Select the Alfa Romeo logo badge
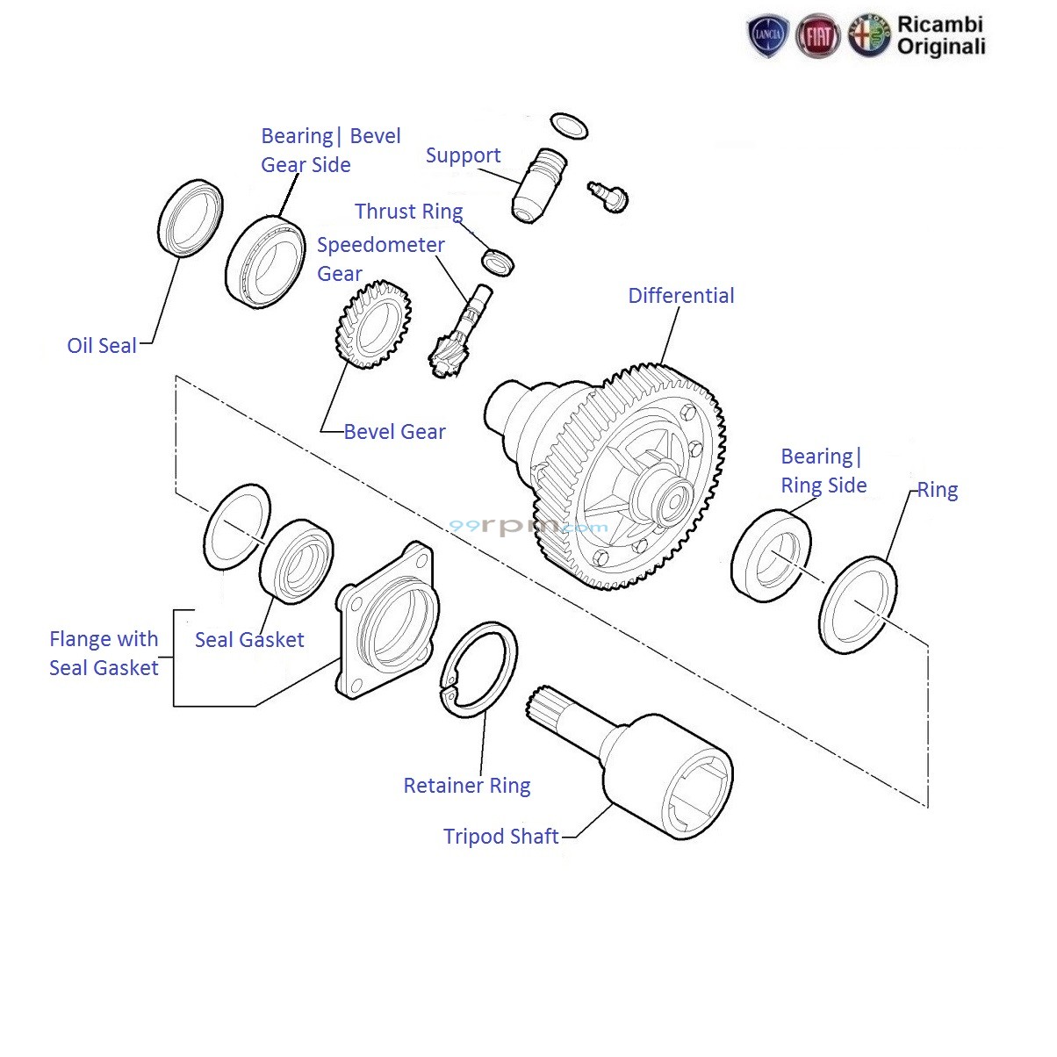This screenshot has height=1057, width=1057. (869, 37)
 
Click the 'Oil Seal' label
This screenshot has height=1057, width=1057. (102, 346)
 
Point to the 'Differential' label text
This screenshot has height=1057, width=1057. (680, 296)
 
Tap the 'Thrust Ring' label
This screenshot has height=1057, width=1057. (408, 212)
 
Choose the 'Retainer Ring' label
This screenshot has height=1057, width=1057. (466, 786)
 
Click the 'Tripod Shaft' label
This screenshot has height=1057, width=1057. (500, 837)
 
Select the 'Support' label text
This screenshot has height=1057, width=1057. (463, 155)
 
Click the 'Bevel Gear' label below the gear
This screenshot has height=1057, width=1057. (394, 432)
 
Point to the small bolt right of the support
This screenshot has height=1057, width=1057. (608, 194)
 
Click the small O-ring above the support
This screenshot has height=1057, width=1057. (569, 126)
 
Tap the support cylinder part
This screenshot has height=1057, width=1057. (537, 186)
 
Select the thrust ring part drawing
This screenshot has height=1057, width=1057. (498, 261)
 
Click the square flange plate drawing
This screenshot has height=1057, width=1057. (386, 619)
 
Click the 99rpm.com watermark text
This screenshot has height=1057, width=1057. (528, 527)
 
